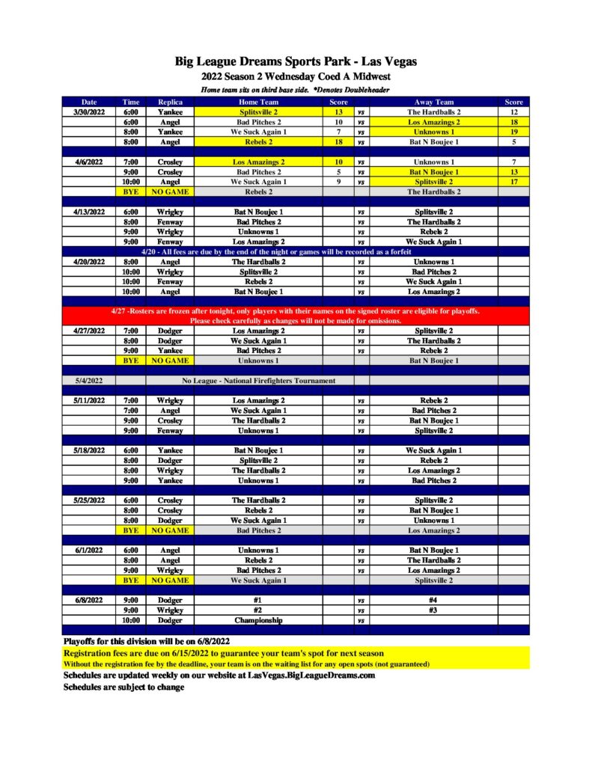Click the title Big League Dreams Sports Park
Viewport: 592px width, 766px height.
pos(296,61)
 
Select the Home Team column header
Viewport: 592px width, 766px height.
pos(258,102)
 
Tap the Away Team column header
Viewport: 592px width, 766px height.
pos(433,102)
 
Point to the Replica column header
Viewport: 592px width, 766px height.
pos(171,102)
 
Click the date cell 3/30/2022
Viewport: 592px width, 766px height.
pos(89,112)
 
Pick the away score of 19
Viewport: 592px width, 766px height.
pos(513,132)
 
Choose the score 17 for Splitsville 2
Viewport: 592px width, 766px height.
pos(513,182)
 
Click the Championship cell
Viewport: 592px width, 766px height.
pos(258,620)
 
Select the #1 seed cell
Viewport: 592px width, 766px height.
pos(258,600)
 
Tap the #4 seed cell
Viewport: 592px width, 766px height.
pos(433,600)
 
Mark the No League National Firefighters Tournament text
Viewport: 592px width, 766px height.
pos(258,381)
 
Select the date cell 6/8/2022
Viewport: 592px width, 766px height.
pos(89,600)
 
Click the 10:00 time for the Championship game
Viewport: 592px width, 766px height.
pos(131,620)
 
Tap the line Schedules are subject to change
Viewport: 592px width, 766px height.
pos(123,687)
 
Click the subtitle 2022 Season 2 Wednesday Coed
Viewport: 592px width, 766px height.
pos(296,76)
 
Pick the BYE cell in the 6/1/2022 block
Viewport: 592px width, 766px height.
pos(131,580)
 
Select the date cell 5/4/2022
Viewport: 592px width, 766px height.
pos(89,381)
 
